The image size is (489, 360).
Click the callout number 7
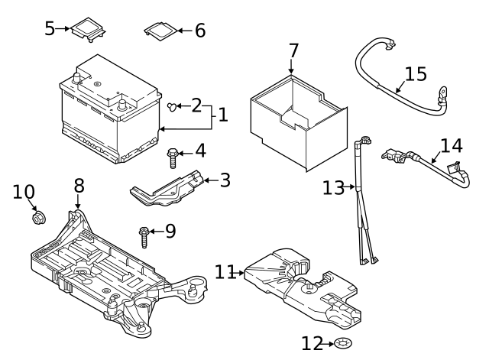[x=293, y=52]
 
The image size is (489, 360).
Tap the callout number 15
[x=416, y=75]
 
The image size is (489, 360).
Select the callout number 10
[x=24, y=191]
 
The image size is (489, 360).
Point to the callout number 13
[x=334, y=187]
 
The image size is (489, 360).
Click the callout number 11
[x=225, y=271]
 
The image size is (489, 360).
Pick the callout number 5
[x=50, y=29]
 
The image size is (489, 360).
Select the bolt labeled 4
[x=173, y=158]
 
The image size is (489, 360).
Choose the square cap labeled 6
[x=157, y=31]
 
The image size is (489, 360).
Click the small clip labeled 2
[x=173, y=105]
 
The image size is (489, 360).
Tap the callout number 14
[x=452, y=145]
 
